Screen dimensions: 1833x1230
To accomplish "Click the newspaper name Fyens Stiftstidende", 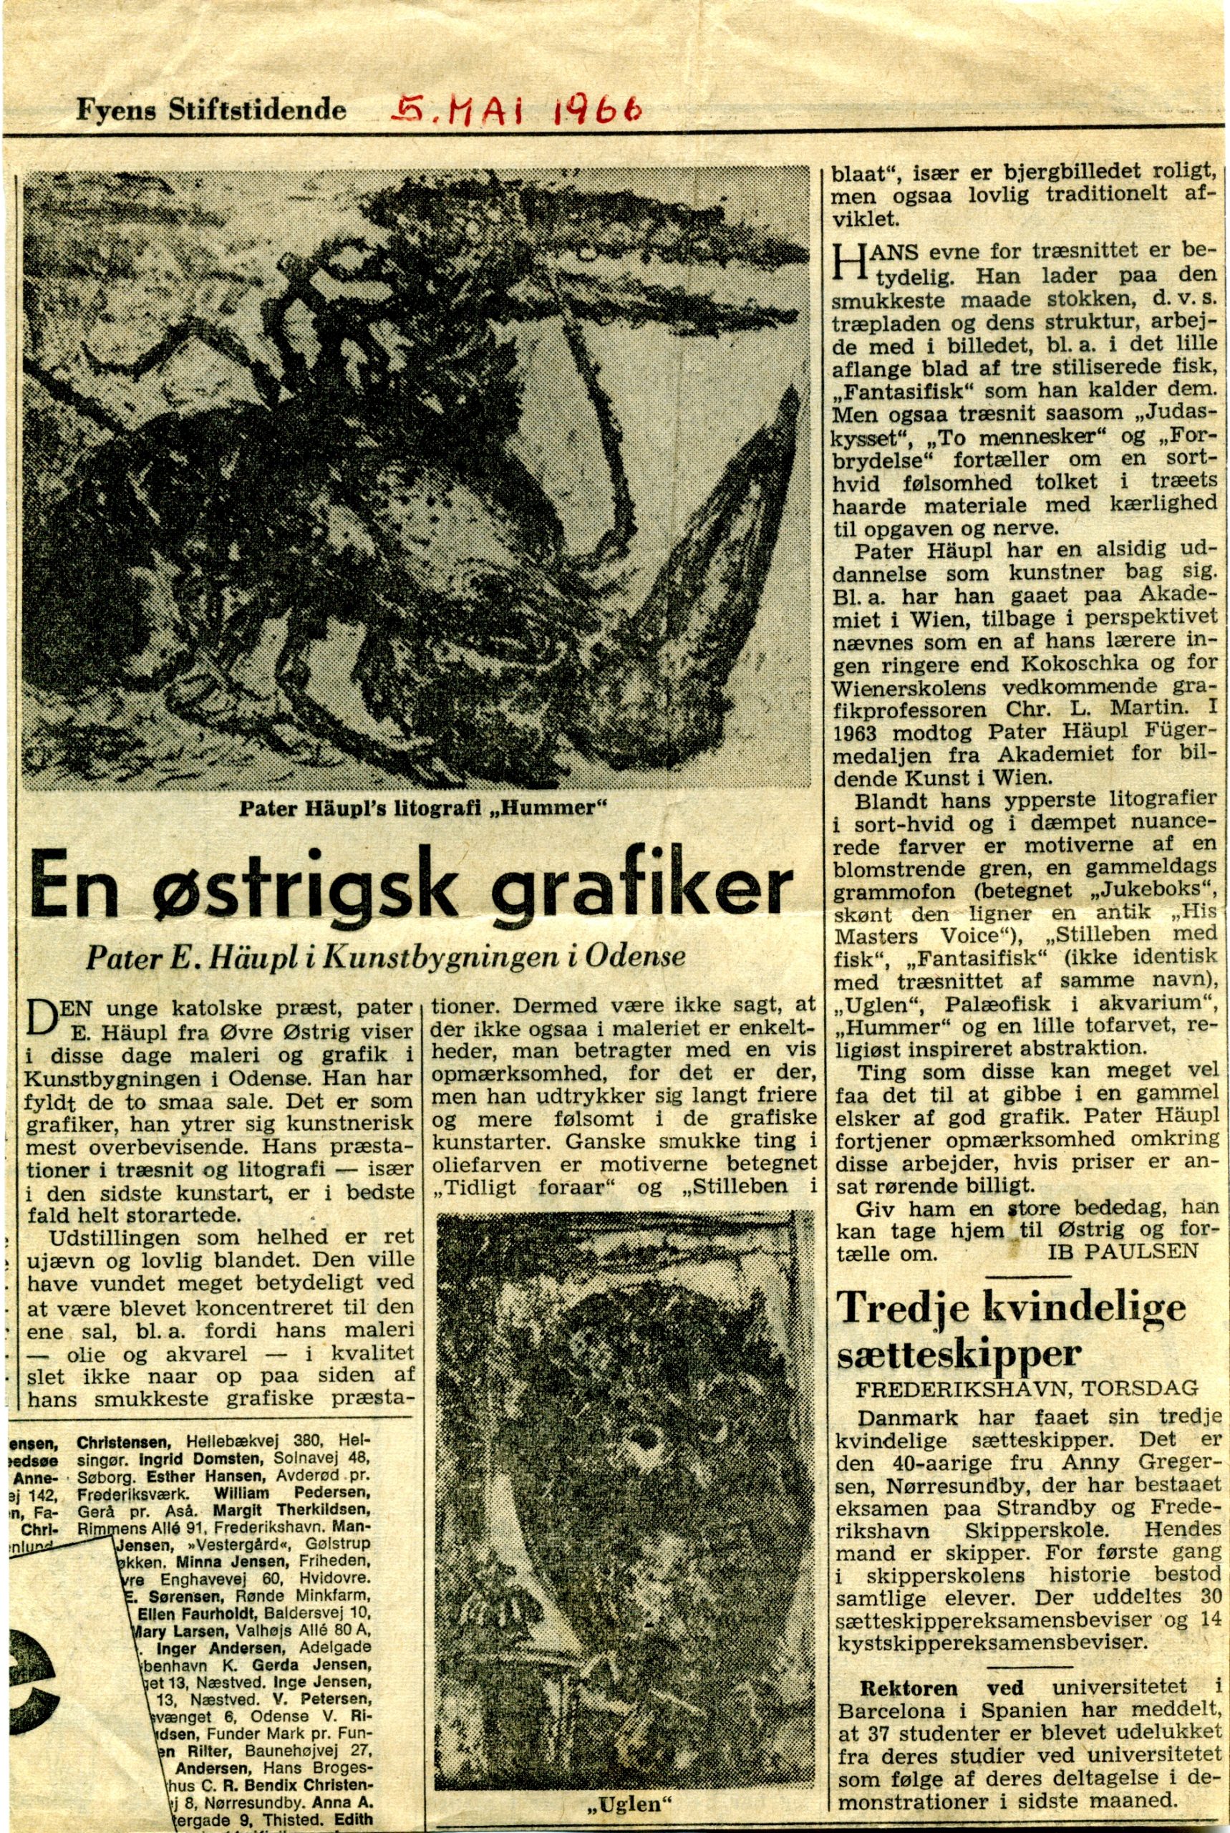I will [210, 110].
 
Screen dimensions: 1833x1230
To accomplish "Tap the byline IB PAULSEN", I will [1123, 1252].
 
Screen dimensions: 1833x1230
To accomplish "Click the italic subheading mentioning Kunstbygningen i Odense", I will [386, 957].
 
